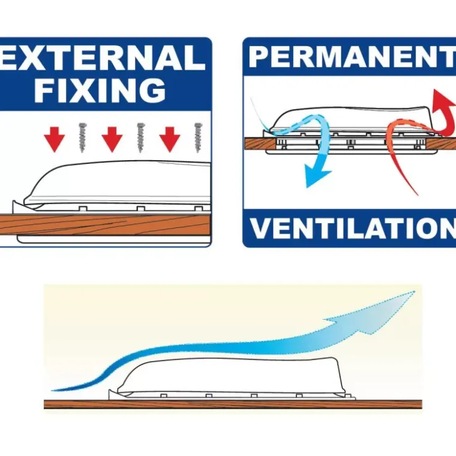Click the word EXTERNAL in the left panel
(102, 57)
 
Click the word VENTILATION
(352, 228)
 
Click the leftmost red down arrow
(54, 139)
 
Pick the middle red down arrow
(112, 139)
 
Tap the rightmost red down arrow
(169, 139)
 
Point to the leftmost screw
(83, 137)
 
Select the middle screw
(140, 137)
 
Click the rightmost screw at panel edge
(198, 137)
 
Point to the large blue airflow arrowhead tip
(414, 291)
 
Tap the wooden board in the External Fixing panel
(105, 224)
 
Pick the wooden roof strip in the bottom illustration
(233, 404)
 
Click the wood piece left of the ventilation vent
(259, 144)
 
